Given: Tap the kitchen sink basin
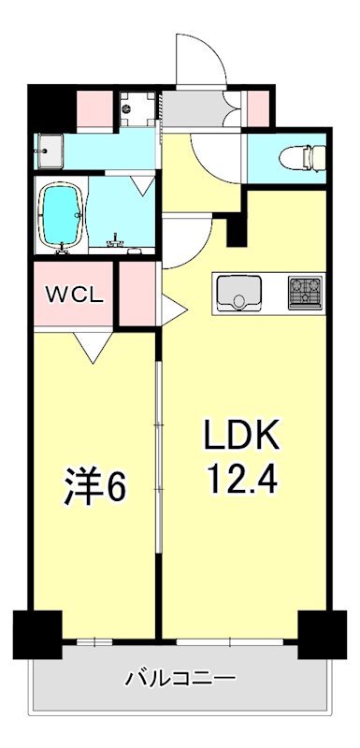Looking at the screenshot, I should [x=238, y=295].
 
